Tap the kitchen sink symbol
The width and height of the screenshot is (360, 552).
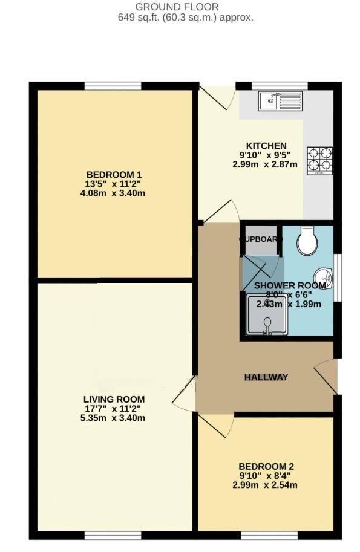[x=280, y=100]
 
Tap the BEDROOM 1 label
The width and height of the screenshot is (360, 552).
[x=114, y=175]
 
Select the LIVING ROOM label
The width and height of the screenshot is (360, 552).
[x=114, y=399]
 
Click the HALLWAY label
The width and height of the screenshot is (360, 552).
[x=266, y=377]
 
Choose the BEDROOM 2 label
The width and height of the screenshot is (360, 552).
[x=266, y=466]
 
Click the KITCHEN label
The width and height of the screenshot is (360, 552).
[x=266, y=146]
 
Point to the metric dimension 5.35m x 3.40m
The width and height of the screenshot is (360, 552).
[x=114, y=418]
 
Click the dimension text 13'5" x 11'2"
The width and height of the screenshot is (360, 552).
[x=114, y=184]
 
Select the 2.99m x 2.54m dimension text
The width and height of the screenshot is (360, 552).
[x=266, y=485]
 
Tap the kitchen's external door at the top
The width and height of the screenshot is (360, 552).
[x=219, y=96]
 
